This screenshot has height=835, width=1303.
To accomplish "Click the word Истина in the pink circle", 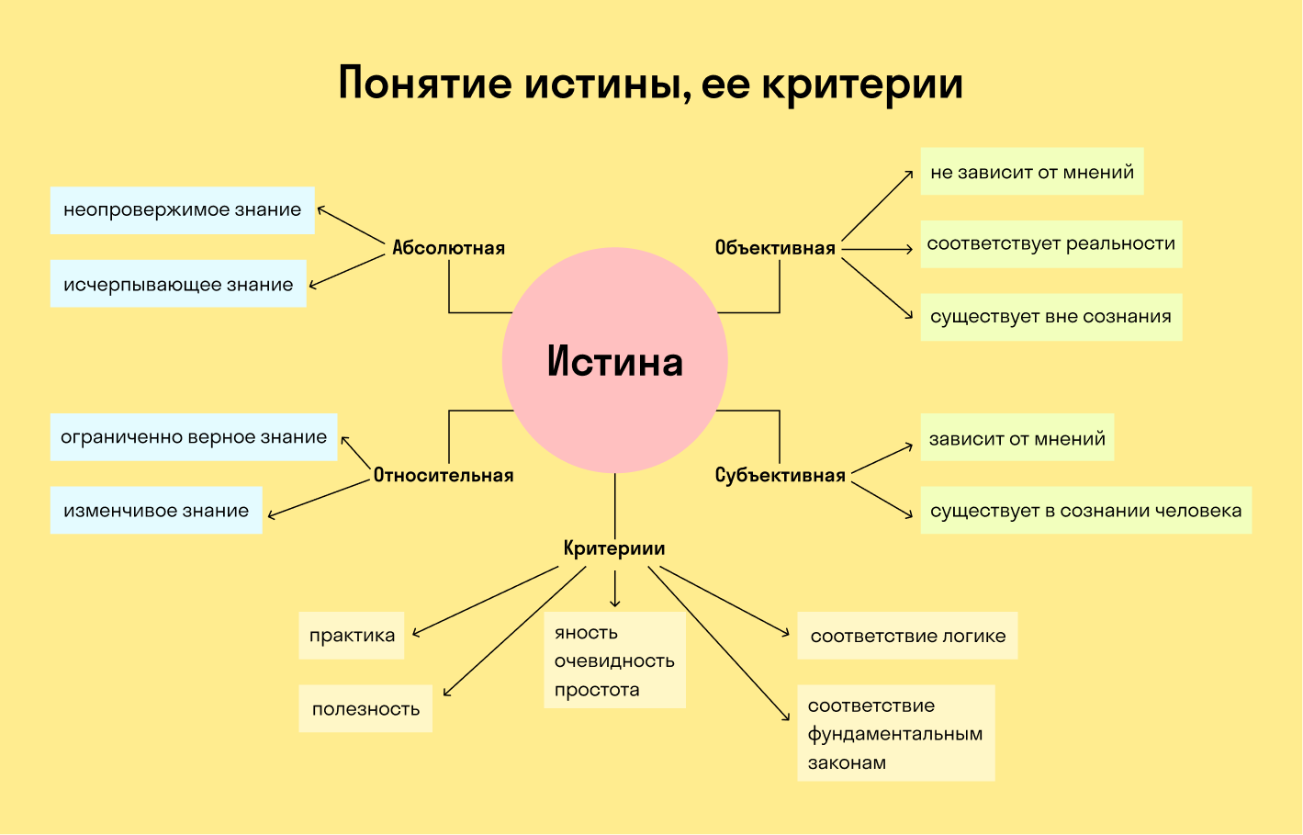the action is point(615,361).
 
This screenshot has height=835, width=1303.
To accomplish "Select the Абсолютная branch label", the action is point(448,248).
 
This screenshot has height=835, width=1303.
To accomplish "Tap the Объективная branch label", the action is point(775,248).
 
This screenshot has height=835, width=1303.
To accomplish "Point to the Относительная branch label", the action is point(444,476).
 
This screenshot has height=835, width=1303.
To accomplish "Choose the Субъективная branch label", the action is point(780,476).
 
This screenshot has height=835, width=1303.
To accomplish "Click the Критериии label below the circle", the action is point(614,548).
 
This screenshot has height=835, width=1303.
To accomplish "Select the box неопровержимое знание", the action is point(182,210).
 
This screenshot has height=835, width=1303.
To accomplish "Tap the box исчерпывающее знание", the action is point(178,283).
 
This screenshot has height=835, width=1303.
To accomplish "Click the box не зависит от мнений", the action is point(1032,171).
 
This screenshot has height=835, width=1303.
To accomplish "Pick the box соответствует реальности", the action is point(1051,243).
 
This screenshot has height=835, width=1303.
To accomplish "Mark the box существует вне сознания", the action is point(1051,317).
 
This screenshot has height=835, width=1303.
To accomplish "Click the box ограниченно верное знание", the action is point(194,437).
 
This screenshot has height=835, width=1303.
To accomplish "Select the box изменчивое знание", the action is point(156,511).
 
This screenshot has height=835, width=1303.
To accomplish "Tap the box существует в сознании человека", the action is point(1086,511).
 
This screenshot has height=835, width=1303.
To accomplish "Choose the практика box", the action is point(352,636).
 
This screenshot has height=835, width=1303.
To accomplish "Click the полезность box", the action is point(365,708).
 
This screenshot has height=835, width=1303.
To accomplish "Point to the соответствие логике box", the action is point(907,636).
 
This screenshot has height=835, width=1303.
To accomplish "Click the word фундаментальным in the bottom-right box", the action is point(895,734).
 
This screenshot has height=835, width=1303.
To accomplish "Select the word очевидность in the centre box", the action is point(614,661).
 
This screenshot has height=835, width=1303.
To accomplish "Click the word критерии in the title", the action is point(862,85).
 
